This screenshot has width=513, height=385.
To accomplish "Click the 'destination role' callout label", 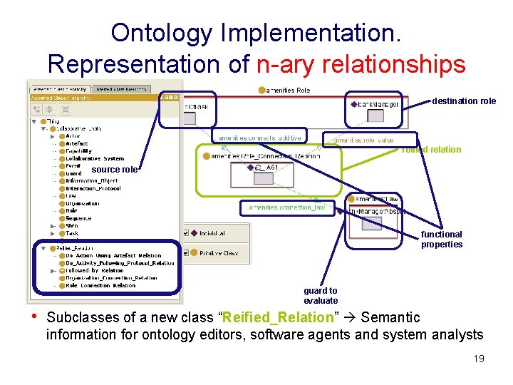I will coord(463,101).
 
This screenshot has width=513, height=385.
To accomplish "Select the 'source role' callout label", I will coord(115,170).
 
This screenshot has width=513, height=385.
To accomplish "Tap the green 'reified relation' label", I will coord(431,150).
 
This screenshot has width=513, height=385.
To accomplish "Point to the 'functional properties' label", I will coord(441,240).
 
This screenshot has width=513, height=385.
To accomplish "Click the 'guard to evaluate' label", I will coord(321,296).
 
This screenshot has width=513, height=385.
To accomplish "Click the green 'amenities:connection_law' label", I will coord(287,207).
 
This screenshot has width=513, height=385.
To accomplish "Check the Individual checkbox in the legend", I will coord(186,233).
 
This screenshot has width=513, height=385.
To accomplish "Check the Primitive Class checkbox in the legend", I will coord(186,252).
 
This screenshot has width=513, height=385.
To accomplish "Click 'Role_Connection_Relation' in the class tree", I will coord(100,286).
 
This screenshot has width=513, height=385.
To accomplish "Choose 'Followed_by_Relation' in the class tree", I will coord(94,271).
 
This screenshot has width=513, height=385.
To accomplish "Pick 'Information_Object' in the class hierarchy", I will coord(91,181).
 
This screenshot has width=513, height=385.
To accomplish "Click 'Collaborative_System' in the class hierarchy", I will coord(94,158).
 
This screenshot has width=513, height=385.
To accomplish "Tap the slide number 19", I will coord(478,359).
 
